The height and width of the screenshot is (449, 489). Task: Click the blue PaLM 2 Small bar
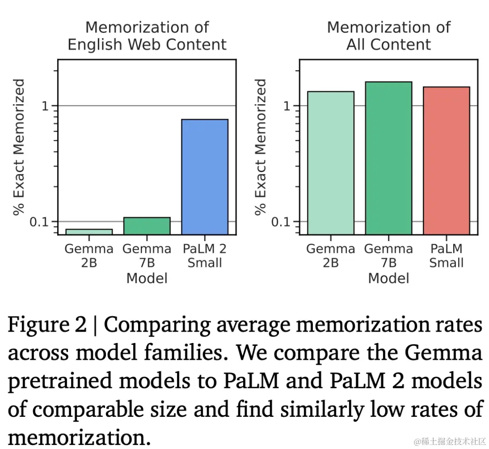(x=205, y=177)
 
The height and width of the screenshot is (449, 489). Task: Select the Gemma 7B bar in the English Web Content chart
(x=147, y=226)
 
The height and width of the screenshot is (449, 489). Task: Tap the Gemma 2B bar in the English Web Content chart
(x=89, y=232)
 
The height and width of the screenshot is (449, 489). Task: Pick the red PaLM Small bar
(x=446, y=160)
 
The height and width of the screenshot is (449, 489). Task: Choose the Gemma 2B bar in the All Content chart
(x=331, y=163)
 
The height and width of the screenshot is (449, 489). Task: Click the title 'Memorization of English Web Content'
(x=147, y=36)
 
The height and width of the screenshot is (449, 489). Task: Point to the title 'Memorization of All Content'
(x=388, y=36)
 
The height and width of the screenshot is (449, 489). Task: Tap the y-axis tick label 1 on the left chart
(x=44, y=106)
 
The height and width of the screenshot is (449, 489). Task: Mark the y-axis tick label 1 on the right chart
(x=286, y=106)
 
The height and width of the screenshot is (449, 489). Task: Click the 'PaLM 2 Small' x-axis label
(x=205, y=256)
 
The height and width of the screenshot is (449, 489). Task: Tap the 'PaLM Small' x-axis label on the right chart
(x=446, y=256)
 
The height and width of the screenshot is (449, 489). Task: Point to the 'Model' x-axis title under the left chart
(x=147, y=278)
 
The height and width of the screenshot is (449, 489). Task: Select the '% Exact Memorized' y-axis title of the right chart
(x=261, y=147)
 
